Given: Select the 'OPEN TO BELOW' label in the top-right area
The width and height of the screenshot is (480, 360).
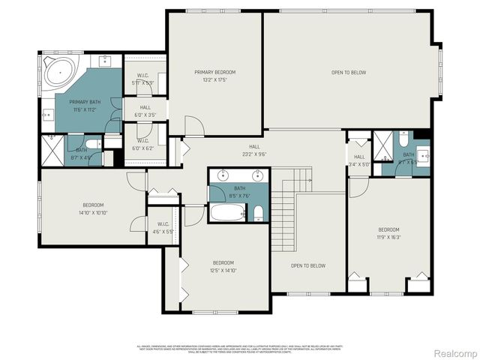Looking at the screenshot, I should pyautogui.click(x=349, y=72).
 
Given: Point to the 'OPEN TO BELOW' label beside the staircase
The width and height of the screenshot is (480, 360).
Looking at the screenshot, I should pyautogui.click(x=307, y=265).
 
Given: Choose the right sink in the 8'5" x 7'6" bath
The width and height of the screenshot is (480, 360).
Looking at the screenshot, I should pyautogui.click(x=258, y=176).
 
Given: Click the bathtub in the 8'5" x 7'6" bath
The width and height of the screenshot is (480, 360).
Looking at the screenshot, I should pyautogui.click(x=227, y=212).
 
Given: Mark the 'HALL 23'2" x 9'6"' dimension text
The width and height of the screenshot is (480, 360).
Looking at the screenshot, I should pyautogui.click(x=254, y=154).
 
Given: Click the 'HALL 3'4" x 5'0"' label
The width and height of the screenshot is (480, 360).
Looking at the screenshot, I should pyautogui.click(x=358, y=160).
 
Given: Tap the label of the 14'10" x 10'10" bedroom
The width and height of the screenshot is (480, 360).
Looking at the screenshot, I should pyautogui.click(x=93, y=208).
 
